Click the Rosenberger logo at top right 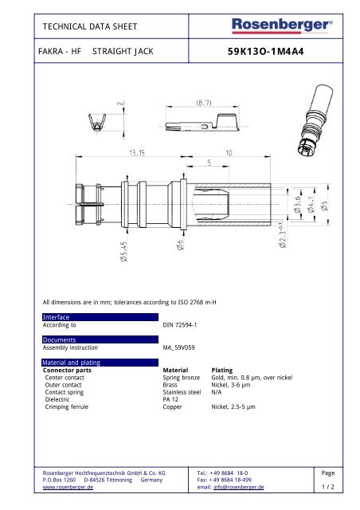tap(281, 27)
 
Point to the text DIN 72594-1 tap(178, 325)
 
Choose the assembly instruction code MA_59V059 tap(180, 347)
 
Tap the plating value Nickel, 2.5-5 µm tap(240, 406)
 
